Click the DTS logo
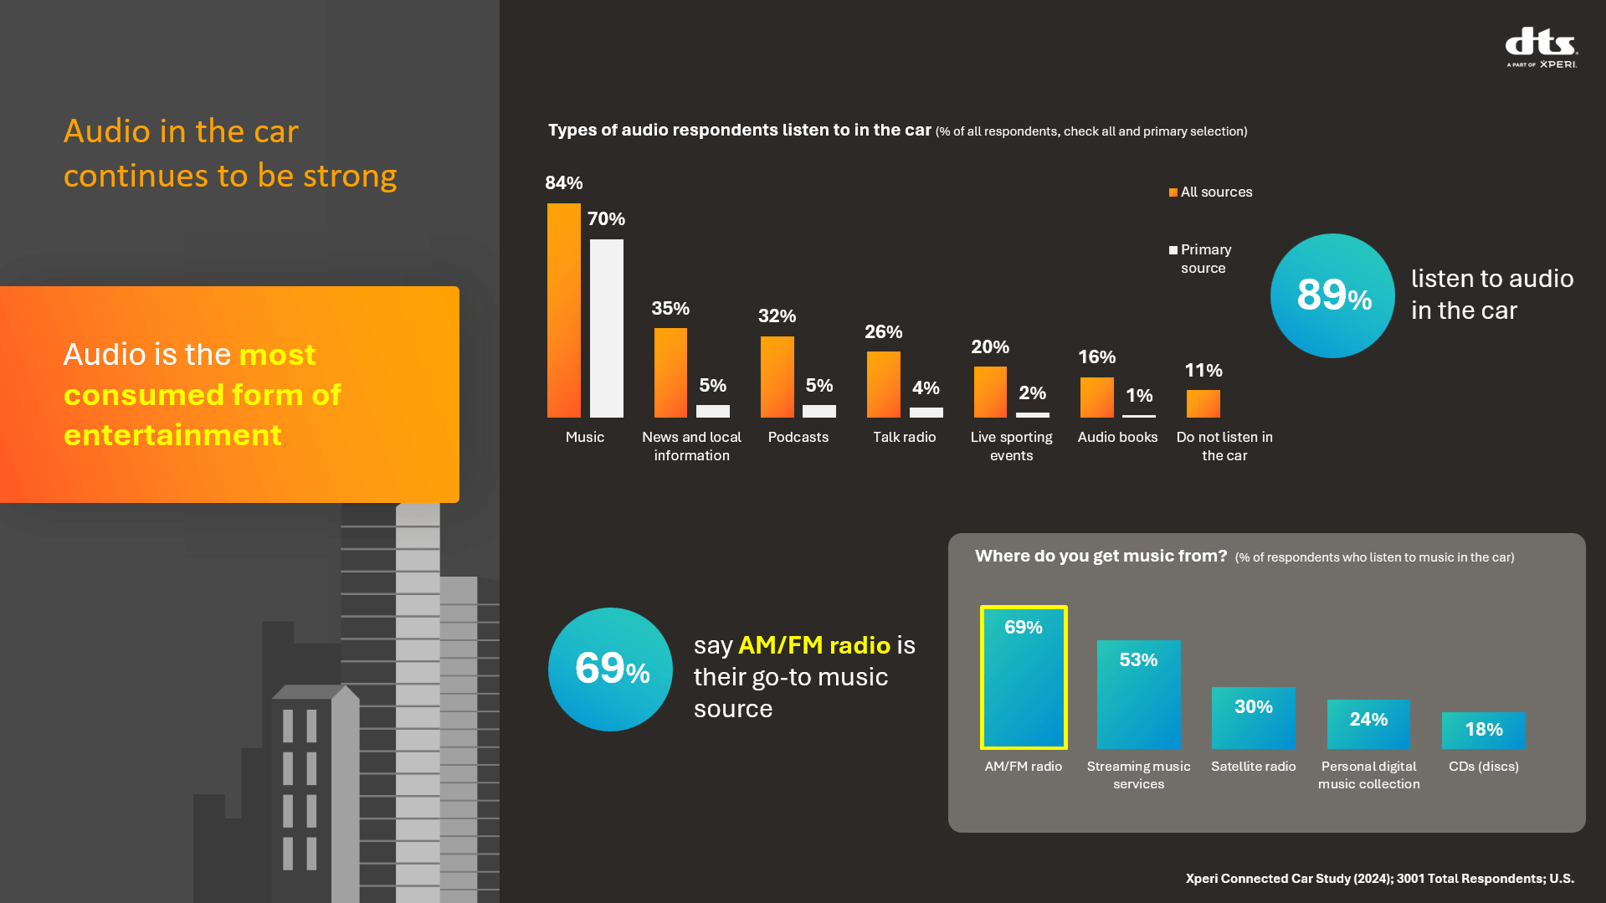(x=1541, y=47)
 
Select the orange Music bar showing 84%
(x=563, y=310)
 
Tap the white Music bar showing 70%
(x=606, y=328)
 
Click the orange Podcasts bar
(x=777, y=377)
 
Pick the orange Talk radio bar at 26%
(x=883, y=384)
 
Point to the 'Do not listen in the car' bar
(x=1203, y=403)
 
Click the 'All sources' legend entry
(x=1211, y=192)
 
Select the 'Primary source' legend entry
(x=1202, y=259)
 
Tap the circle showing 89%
(x=1332, y=295)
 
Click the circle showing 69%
(x=610, y=670)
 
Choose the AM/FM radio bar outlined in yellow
(x=1024, y=677)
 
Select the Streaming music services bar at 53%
(x=1138, y=695)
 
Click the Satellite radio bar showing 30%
(x=1253, y=718)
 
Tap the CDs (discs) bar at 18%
(x=1483, y=731)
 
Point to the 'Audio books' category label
(x=1117, y=437)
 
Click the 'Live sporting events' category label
(x=1011, y=446)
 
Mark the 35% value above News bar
(x=670, y=309)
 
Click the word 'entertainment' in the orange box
(x=172, y=435)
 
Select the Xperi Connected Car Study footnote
(x=1379, y=879)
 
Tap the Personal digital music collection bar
(x=1368, y=724)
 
